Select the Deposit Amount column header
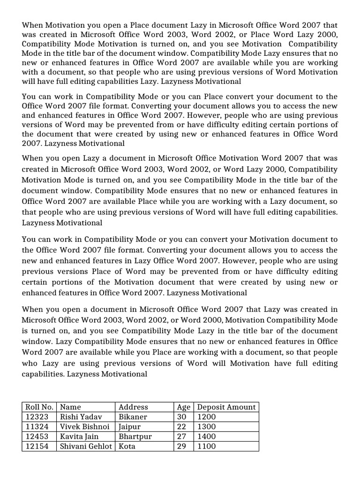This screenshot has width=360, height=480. pos(226,407)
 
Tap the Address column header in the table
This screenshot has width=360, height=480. pos(133,407)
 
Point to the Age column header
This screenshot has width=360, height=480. pos(183,407)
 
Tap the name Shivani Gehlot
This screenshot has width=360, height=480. pos(87,446)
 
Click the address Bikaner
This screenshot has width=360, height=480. pos(133,417)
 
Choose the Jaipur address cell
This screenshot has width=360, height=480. pos(130,427)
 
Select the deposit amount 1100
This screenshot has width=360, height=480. pos(207,446)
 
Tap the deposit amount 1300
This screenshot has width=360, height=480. pos(207,427)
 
